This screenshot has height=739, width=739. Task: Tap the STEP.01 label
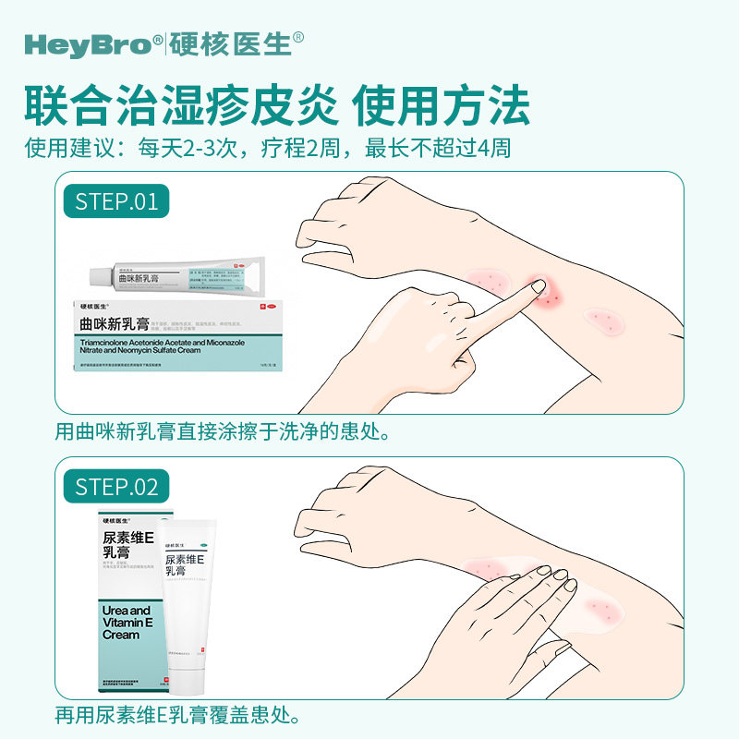pos(116,200)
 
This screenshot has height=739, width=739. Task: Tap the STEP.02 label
pos(116,486)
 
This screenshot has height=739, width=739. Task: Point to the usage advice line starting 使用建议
pos(268,148)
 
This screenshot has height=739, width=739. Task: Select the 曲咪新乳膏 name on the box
pos(115,322)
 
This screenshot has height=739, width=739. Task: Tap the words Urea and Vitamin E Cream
pos(127,623)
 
